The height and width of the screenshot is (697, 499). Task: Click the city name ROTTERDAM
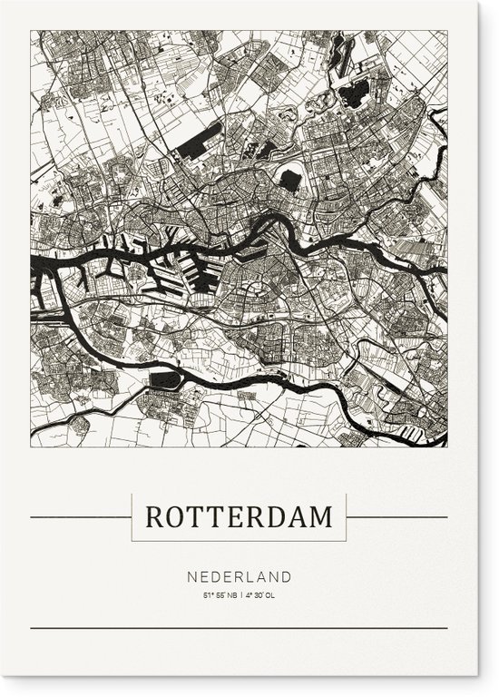coord(240,517)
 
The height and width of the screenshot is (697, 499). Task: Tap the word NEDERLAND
coord(240,576)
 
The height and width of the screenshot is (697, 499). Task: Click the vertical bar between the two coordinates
coord(240,595)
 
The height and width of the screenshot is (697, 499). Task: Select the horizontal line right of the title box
coord(397,517)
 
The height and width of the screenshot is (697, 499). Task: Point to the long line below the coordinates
coord(240,628)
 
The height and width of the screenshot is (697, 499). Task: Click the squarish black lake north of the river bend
coord(289,179)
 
